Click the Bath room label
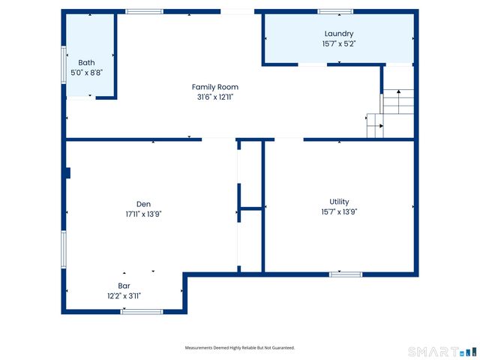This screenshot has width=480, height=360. tap(87, 62)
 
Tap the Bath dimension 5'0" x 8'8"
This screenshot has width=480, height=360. tap(87, 73)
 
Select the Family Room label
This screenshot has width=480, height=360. tap(215, 87)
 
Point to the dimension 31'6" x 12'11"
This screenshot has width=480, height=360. tap(215, 97)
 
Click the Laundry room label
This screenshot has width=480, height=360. tap(339, 34)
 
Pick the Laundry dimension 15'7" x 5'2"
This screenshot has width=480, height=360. tap(339, 44)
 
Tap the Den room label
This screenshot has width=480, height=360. tap(143, 203)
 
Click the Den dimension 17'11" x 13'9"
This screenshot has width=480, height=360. tap(143, 214)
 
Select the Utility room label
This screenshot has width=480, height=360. tap(339, 202)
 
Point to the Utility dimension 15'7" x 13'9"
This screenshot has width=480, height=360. tap(339, 212)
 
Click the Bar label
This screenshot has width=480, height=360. tap(124, 286)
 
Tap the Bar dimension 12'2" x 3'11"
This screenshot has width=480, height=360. tap(124, 296)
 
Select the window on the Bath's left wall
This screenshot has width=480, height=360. tap(64, 64)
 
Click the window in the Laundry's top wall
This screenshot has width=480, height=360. tap(335, 11)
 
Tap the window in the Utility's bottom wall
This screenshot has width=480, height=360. tap(346, 274)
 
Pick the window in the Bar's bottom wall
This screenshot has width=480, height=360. tap(142, 311)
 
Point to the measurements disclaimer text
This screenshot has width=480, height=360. tap(240, 348)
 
